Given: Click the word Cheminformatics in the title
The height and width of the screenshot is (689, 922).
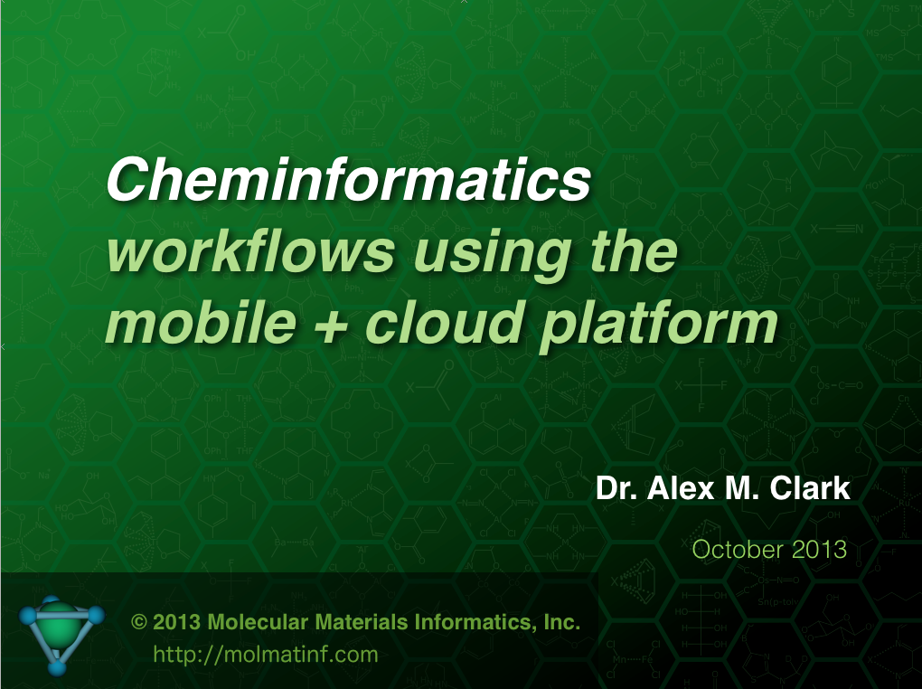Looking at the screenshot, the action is pos(349,180).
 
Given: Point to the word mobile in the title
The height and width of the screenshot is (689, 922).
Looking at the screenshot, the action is pos(201,322).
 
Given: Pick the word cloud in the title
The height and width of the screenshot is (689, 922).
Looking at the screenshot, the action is pos(445,322).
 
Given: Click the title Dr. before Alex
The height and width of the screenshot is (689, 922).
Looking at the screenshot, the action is pos(616,488).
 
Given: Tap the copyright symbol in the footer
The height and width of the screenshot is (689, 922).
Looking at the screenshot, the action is pos(139,622).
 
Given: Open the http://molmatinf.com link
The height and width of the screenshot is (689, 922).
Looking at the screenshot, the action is pos(265,655).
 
